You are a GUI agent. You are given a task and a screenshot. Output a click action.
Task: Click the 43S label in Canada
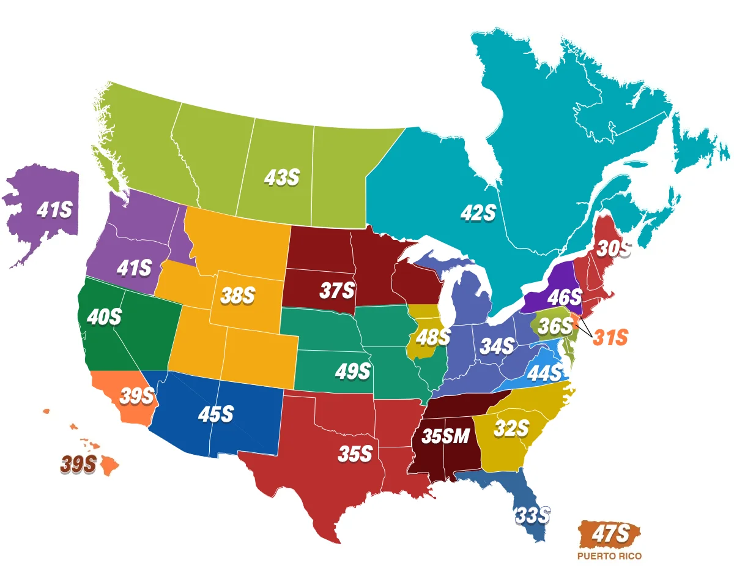pos(282,177)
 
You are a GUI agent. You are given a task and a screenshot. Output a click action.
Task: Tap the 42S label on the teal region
pos(478,212)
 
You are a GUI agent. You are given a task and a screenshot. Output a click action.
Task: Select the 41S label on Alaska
pos(54,210)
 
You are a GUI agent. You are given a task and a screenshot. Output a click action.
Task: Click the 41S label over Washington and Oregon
pos(133,267)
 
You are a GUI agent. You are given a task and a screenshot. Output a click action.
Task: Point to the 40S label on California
pos(104,317)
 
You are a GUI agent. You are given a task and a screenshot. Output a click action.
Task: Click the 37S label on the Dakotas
pos(337,290)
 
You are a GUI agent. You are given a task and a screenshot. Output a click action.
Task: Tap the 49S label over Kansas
pos(353,370)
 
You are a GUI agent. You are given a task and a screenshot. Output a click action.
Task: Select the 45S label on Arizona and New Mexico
pos(215,414)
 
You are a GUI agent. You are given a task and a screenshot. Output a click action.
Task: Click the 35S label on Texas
pos(355,454)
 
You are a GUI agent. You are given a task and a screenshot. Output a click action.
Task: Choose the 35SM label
pos(446,436)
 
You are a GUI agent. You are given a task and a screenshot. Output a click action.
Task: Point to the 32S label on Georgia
pos(511,428)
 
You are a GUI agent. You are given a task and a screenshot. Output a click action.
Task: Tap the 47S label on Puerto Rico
pos(610,534)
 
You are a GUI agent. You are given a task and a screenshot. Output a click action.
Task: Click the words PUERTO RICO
pos(609,557)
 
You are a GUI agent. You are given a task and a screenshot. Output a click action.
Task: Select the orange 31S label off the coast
pos(610,337)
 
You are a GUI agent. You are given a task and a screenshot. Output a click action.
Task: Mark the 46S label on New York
pos(564,298)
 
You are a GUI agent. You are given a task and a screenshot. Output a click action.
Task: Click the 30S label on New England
pos(612,248)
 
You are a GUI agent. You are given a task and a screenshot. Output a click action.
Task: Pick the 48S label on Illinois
pos(433,336)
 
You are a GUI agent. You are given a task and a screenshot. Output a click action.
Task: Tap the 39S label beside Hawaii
pos(78,465)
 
